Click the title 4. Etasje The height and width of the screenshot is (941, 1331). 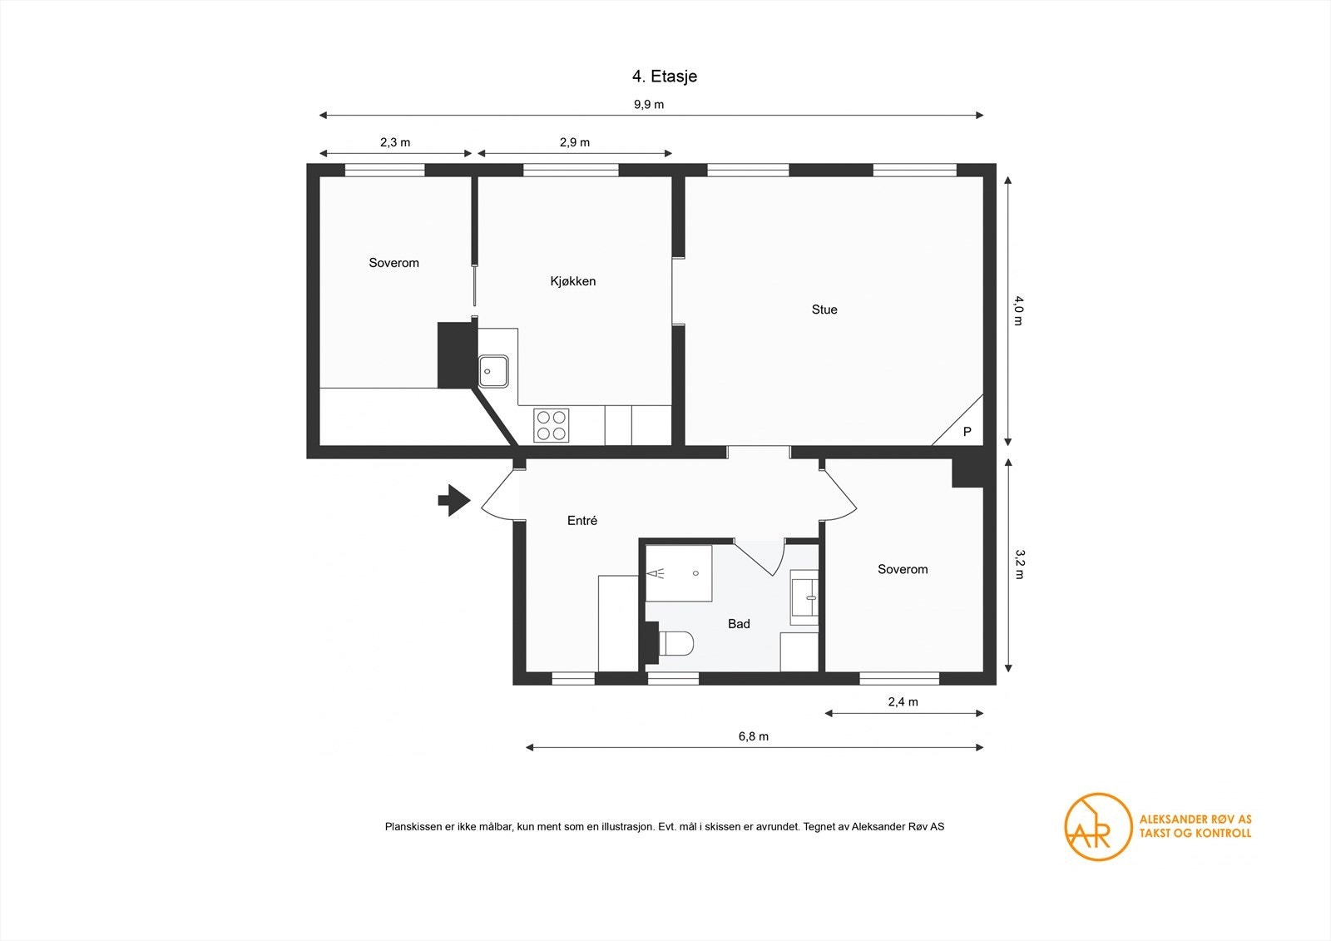(x=664, y=77)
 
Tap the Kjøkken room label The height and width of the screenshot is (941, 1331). (x=573, y=281)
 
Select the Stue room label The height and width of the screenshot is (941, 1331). (x=824, y=310)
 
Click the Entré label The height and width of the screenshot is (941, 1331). (x=582, y=521)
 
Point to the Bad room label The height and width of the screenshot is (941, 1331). (x=739, y=624)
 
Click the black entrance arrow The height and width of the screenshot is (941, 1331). (x=454, y=500)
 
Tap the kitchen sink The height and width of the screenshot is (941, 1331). (x=493, y=371)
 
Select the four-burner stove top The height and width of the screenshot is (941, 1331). (x=552, y=425)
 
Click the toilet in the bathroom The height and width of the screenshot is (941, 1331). (x=675, y=643)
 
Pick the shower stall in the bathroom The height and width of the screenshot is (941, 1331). (x=679, y=573)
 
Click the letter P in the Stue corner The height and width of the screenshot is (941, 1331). (x=967, y=432)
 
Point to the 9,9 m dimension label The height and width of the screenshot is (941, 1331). (x=649, y=105)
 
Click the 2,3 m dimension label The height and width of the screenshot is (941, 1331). (x=395, y=142)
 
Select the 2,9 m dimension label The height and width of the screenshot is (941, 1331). (x=575, y=142)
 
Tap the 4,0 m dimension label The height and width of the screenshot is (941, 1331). (x=1019, y=310)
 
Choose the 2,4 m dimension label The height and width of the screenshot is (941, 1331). (x=903, y=702)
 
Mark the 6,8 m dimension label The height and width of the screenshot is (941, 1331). (x=754, y=736)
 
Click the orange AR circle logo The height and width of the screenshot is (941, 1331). (x=1097, y=826)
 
